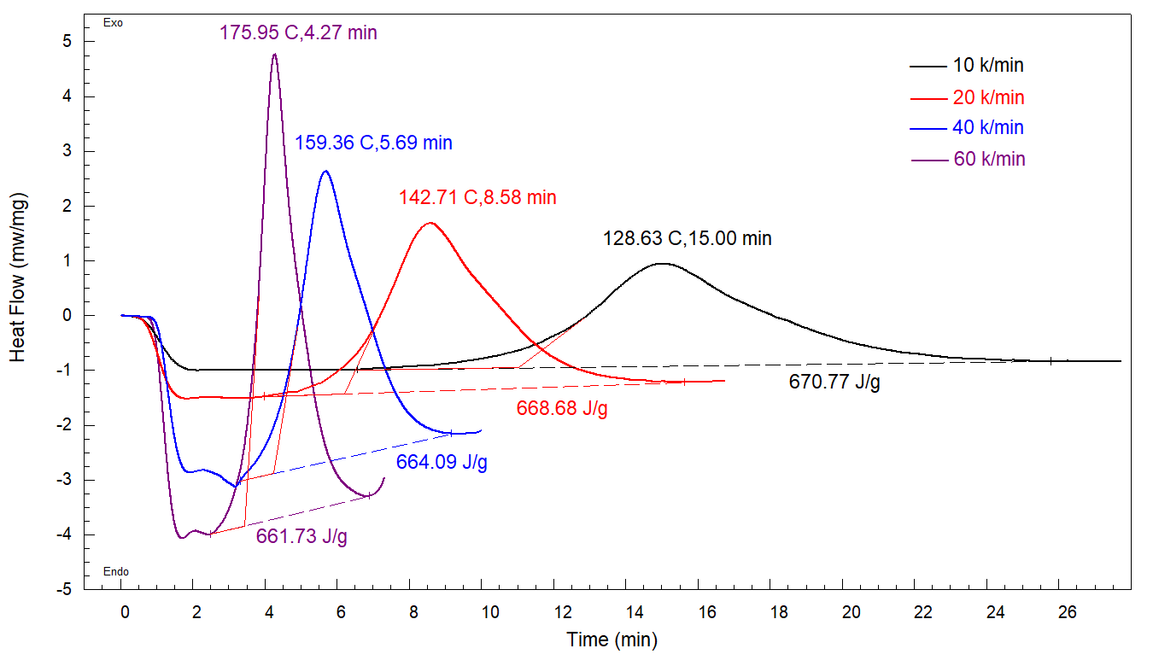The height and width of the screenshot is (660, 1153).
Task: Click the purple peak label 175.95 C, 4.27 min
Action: point(298,33)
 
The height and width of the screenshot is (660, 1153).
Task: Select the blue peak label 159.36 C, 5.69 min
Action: point(373,143)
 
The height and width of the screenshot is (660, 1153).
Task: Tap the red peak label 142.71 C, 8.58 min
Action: point(477,197)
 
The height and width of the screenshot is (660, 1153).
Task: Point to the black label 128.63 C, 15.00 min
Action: point(687,238)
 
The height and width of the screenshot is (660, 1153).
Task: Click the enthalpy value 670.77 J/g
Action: point(834,382)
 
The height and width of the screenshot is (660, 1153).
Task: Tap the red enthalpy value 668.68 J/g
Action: point(562,408)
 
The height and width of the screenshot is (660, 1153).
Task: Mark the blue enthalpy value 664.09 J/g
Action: point(442,463)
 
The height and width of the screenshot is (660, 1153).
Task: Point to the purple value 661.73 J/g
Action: point(301,536)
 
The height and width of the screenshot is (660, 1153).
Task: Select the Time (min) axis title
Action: point(612,639)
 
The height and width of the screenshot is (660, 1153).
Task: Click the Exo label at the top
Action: point(113,23)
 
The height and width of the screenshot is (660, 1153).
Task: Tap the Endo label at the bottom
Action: point(115,572)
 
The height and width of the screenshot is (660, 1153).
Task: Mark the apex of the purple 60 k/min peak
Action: point(274,54)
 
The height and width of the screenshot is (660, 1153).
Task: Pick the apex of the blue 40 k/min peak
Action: point(325,171)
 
